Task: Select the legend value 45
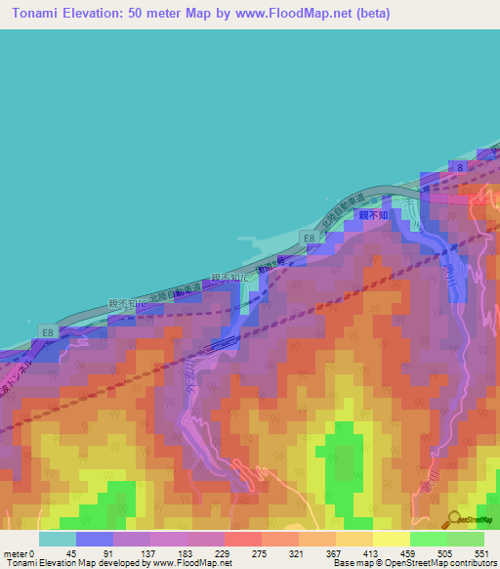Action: tap(71, 553)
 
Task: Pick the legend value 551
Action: tap(479, 553)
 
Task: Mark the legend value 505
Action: tap(441, 553)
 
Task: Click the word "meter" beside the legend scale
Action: tap(15, 553)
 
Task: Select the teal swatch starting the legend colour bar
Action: tap(58, 539)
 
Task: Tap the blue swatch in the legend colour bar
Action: tap(95, 539)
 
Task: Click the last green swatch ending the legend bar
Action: tap(466, 539)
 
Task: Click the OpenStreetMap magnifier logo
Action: tap(455, 518)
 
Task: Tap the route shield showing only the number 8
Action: tap(459, 168)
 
